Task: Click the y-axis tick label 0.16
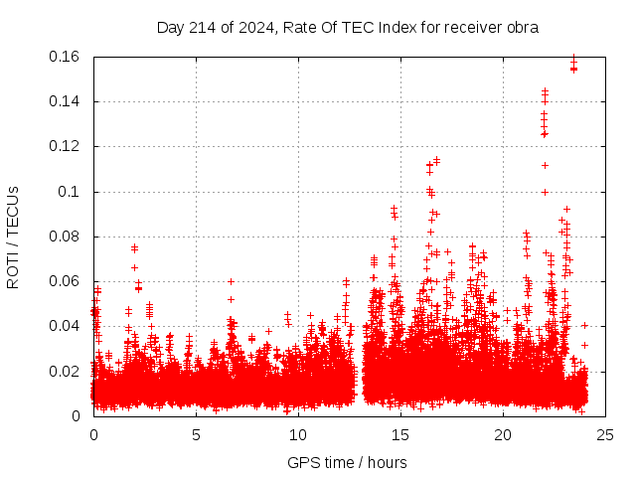[67, 57]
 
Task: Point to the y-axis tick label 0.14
[67, 101]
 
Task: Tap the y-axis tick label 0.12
[67, 146]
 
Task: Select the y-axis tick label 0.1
[71, 192]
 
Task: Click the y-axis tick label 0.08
[67, 237]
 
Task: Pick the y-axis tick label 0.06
[67, 281]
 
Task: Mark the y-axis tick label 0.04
[67, 326]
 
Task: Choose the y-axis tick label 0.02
[67, 372]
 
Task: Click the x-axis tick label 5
[196, 434]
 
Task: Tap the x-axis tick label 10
[298, 434]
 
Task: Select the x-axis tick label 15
[400, 434]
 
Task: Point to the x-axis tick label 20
[503, 434]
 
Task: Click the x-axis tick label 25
[605, 434]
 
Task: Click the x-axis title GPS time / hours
[348, 462]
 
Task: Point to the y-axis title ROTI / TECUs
[13, 237]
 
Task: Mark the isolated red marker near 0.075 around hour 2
[134, 247]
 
